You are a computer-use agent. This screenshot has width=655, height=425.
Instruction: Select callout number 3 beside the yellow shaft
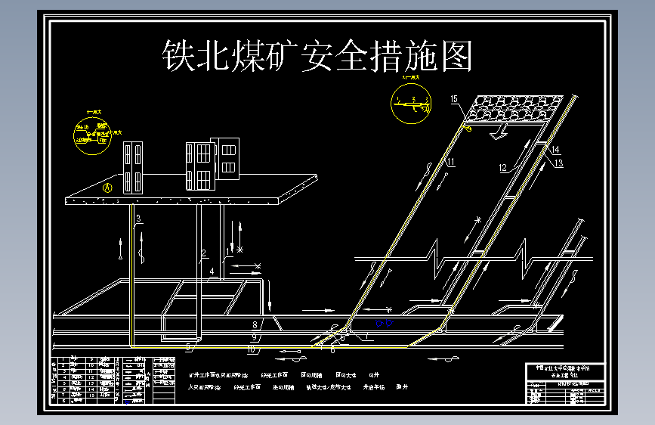(x=138, y=219)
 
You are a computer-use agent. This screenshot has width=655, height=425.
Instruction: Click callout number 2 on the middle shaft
(x=203, y=253)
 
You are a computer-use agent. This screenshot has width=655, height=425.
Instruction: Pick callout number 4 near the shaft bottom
(x=213, y=270)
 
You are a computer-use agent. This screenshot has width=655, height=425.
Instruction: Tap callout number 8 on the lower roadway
(x=255, y=325)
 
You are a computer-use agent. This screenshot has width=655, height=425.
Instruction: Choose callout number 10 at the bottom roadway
(x=252, y=349)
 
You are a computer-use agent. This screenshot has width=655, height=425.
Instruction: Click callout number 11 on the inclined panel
(x=450, y=162)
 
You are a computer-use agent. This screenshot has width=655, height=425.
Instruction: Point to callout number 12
(x=502, y=167)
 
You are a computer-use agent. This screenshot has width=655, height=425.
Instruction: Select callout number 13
(x=558, y=163)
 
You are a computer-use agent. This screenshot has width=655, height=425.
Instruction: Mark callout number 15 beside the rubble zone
(x=454, y=99)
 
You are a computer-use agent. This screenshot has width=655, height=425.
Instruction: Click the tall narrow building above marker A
(x=133, y=166)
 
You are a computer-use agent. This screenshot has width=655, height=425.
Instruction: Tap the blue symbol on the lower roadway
(x=384, y=324)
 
